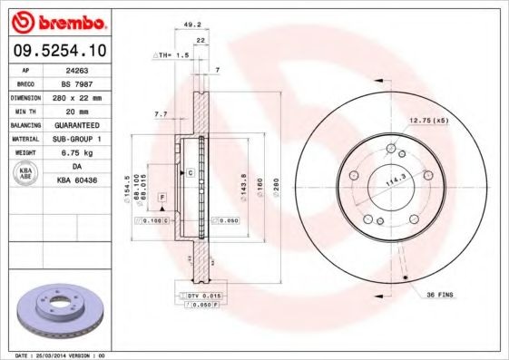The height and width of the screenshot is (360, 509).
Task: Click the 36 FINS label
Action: point(440,295)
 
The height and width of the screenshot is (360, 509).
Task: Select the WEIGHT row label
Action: point(24,152)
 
